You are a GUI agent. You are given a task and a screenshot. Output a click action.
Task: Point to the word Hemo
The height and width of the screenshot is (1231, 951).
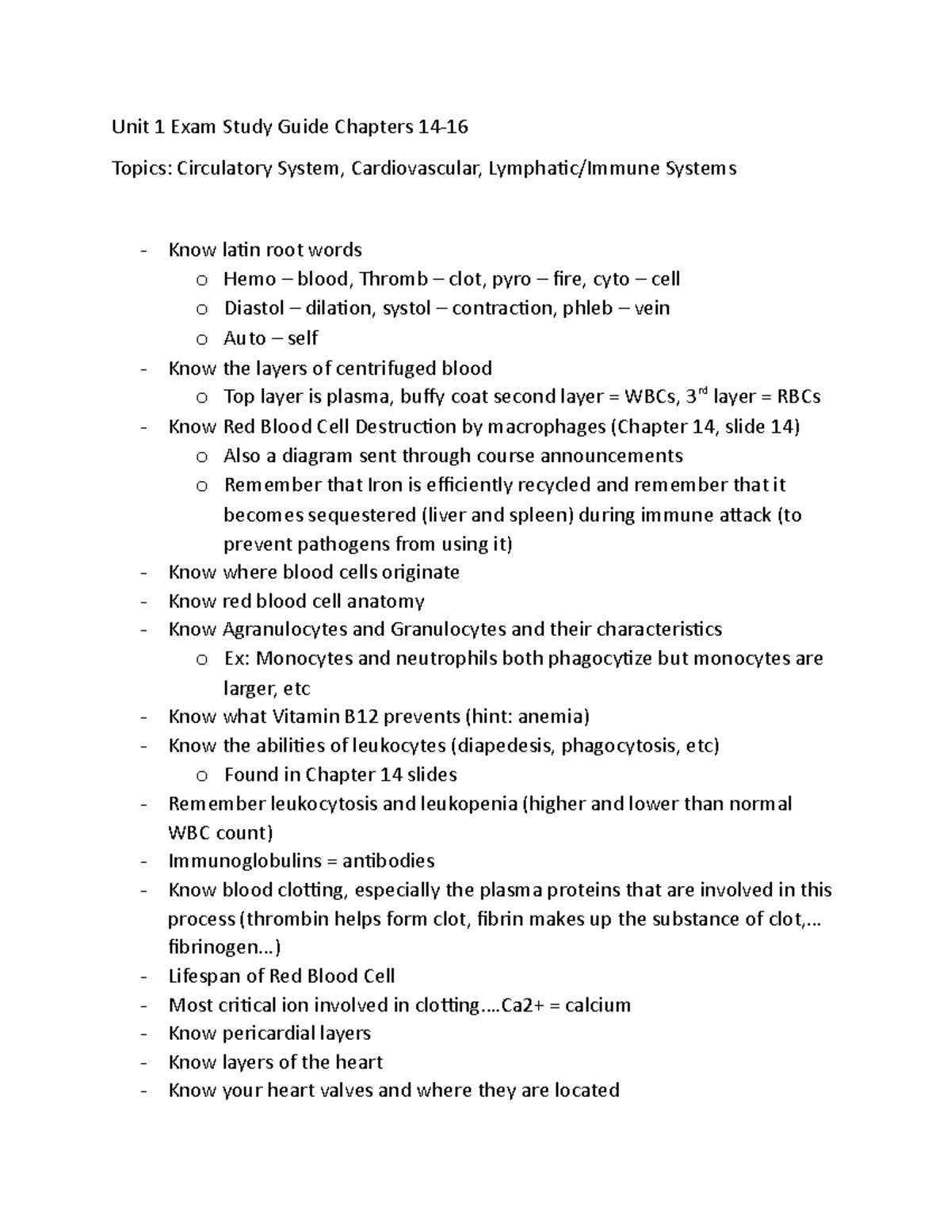[x=250, y=279]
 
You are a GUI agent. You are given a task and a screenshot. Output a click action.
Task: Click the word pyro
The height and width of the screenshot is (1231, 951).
[x=511, y=279]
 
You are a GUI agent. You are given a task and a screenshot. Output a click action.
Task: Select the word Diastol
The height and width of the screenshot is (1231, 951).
[x=254, y=308]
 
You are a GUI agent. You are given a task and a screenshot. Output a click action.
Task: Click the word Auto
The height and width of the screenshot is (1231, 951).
[x=245, y=338]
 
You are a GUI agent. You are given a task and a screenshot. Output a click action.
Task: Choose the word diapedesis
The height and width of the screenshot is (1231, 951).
[x=503, y=746]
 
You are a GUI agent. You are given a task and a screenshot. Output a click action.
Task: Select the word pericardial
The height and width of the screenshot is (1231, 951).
[x=271, y=1034]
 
